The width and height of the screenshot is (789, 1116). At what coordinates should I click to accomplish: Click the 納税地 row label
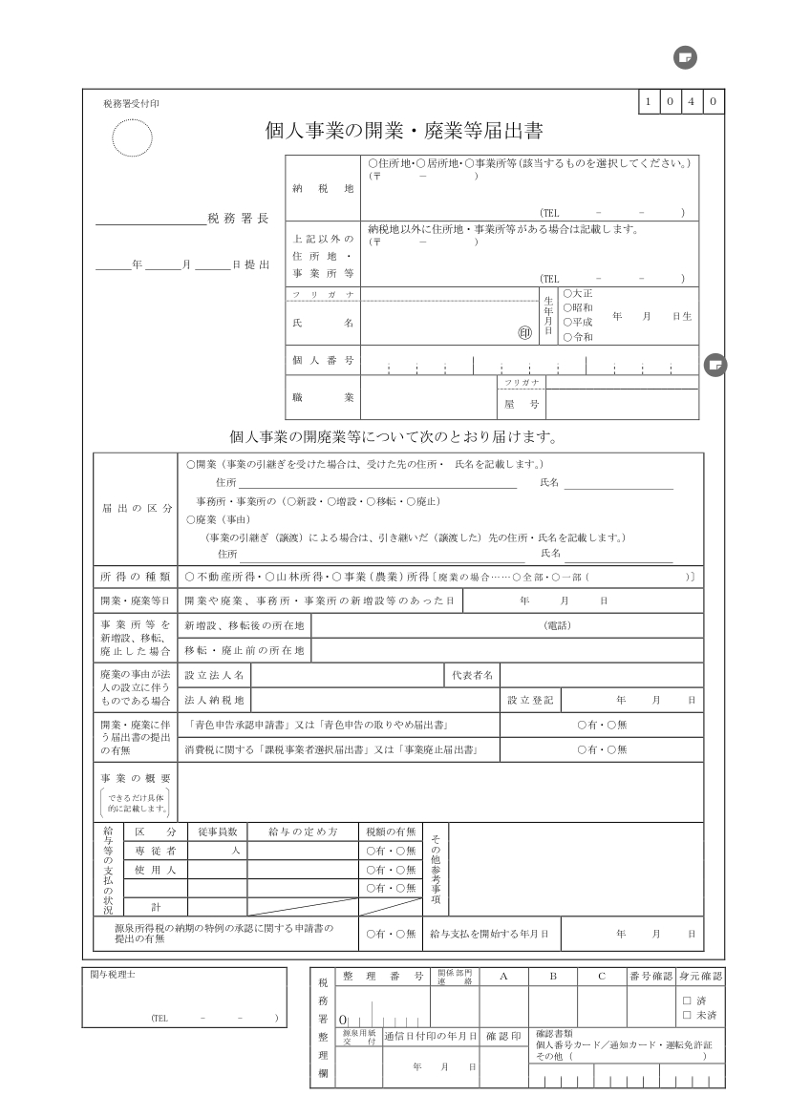pyautogui.click(x=323, y=188)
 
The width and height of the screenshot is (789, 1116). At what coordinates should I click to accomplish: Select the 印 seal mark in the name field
pyautogui.click(x=523, y=333)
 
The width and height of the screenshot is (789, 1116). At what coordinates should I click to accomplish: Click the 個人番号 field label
pyautogui.click(x=323, y=361)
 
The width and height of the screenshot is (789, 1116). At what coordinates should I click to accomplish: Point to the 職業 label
pyautogui.click(x=323, y=395)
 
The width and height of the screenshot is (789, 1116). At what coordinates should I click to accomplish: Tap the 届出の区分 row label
pyautogui.click(x=135, y=509)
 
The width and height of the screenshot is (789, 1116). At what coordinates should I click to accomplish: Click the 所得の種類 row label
pyautogui.click(x=135, y=577)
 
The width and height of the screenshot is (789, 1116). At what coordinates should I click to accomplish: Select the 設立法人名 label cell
pyautogui.click(x=214, y=675)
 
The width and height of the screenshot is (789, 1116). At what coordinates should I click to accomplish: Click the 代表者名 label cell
pyautogui.click(x=473, y=675)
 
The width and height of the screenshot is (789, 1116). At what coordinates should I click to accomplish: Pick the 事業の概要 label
pyautogui.click(x=135, y=779)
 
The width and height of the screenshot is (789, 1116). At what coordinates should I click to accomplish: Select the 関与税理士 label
pyautogui.click(x=113, y=975)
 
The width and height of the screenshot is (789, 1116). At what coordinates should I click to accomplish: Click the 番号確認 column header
pyautogui.click(x=650, y=976)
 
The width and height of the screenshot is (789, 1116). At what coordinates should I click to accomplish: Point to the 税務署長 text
pyautogui.click(x=238, y=219)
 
